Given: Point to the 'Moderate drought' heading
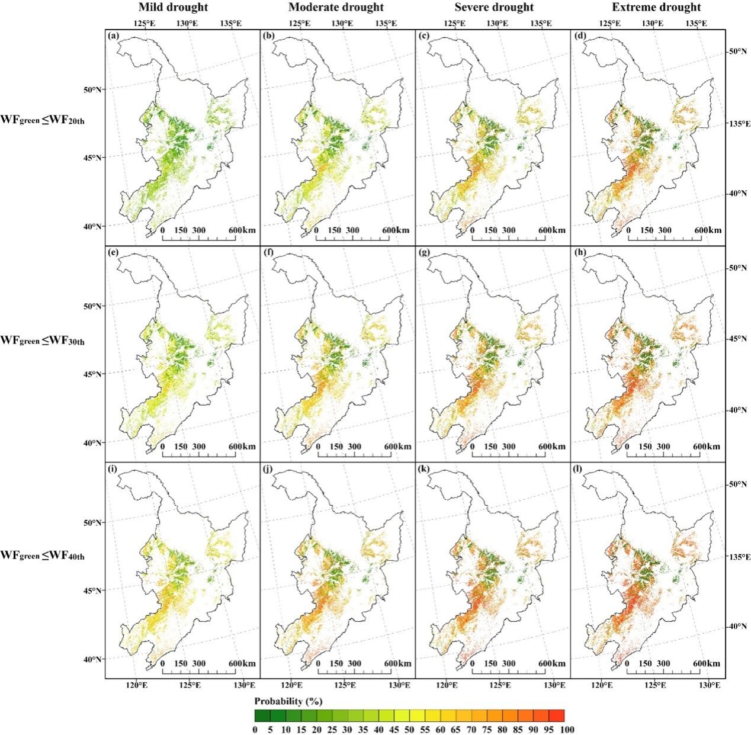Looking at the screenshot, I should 336,8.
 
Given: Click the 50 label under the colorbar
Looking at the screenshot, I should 409,730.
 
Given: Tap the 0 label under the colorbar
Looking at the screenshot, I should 255,730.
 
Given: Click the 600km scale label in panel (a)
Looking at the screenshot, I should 242,230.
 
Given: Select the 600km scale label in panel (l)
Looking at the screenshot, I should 707,663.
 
